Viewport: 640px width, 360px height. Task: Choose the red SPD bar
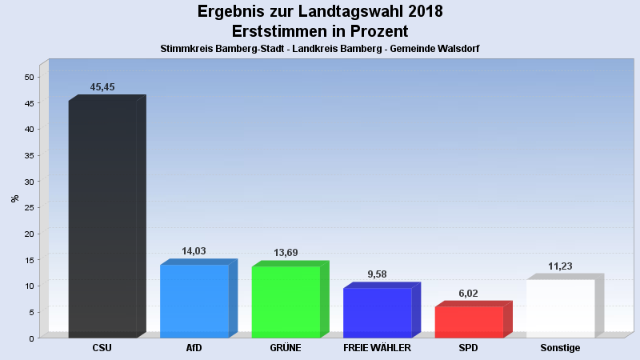[469, 322]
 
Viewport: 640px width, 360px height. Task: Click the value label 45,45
[102, 87]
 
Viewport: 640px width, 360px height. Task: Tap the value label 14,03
[194, 251]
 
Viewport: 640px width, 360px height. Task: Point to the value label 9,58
[377, 274]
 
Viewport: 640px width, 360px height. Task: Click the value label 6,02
[469, 294]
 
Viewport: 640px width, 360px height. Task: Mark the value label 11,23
[560, 266]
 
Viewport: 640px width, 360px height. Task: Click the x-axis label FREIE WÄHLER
[377, 348]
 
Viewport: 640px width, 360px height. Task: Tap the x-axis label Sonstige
[560, 348]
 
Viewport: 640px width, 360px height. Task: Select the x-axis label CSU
[102, 348]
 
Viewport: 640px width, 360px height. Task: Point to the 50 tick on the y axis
[29, 77]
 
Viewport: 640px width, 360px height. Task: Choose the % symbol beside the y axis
[14, 198]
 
